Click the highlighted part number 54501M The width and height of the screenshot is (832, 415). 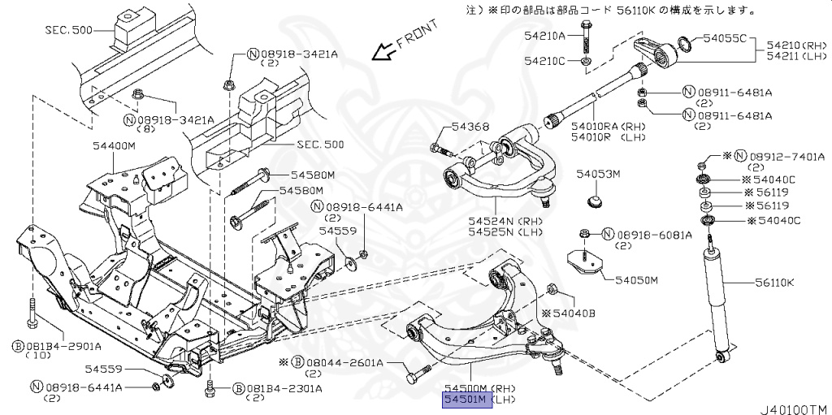pos(466,400)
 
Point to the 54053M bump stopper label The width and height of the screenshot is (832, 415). pos(598,174)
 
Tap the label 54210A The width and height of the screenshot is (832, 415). pos(544,36)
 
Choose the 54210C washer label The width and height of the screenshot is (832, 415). pos(544,61)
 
